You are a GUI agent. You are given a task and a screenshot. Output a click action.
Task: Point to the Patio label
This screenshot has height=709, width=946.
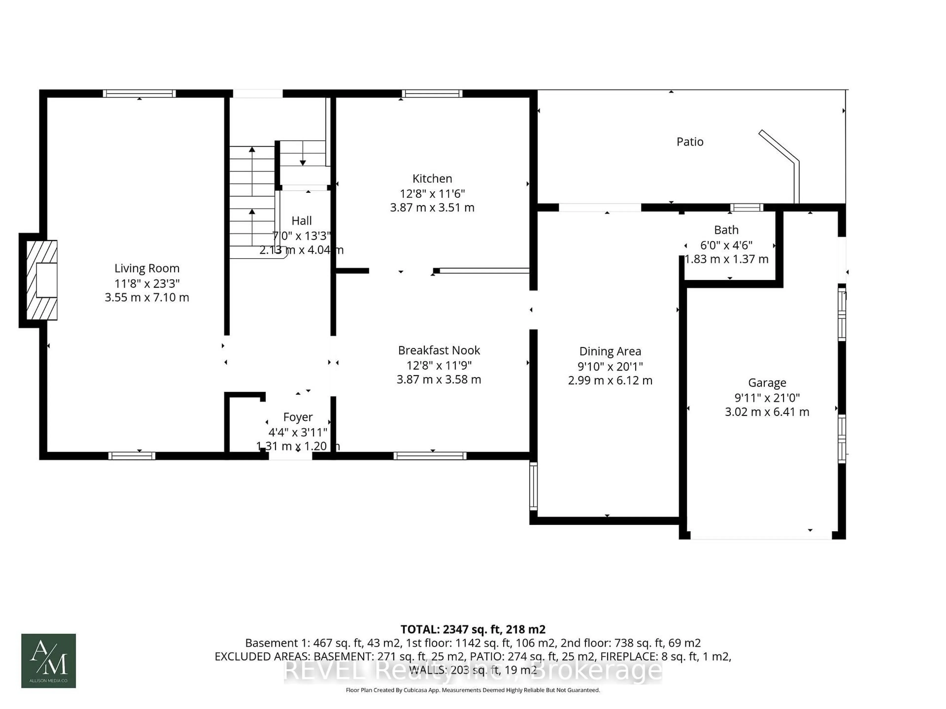(x=689, y=142)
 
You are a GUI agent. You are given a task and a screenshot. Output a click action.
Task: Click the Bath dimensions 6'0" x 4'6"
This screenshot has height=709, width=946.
(x=726, y=245)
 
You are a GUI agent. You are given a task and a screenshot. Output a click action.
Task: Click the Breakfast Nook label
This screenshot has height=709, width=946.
(x=439, y=350)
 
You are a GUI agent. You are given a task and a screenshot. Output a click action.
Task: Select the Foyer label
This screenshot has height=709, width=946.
(x=298, y=417)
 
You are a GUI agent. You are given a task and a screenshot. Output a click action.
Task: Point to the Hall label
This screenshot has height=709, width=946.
(x=302, y=221)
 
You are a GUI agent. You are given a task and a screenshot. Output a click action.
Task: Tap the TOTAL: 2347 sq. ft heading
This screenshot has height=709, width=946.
(x=473, y=629)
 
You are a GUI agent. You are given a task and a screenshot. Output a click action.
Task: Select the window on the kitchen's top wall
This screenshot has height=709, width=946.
(x=432, y=94)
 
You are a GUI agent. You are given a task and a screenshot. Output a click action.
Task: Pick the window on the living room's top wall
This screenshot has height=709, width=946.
(x=139, y=94)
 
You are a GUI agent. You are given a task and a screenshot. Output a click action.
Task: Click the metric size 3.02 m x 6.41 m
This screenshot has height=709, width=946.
(x=767, y=412)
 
